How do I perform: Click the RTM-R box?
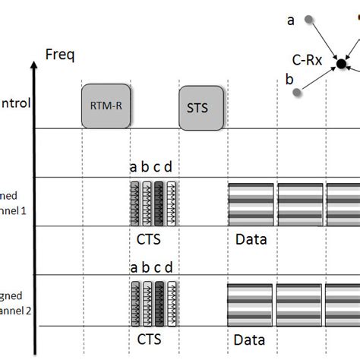pos(104,106)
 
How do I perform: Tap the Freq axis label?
pos(61,54)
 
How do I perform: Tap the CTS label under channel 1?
pos(149,238)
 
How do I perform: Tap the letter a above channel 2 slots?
pos(134,267)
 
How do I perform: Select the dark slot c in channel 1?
pos(159,204)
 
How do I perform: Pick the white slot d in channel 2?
pos(171,302)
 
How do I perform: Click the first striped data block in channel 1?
pos(251,204)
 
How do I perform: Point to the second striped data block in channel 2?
pos(300,302)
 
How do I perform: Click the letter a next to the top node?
pos(290,21)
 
